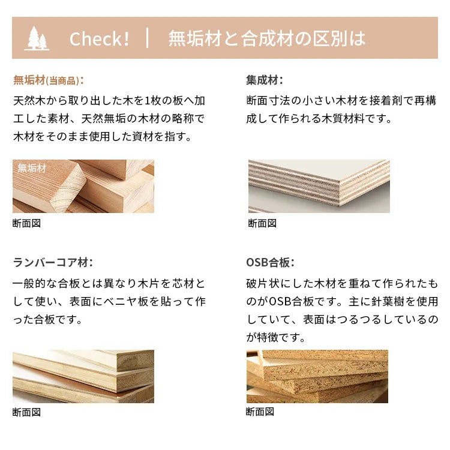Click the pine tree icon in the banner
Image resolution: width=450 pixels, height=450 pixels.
[37, 38]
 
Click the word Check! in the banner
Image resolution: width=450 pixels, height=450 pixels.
[99, 39]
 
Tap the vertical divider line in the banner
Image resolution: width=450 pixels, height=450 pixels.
[148, 38]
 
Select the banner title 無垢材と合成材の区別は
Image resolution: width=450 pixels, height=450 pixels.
[267, 38]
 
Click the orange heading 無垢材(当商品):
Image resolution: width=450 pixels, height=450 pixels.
[49, 80]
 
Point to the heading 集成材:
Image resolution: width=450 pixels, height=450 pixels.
[265, 80]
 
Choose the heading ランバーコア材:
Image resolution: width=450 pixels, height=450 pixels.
[53, 262]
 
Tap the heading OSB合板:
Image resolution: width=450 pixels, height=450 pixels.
[270, 262]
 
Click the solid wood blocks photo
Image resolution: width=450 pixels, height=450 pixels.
[83, 186]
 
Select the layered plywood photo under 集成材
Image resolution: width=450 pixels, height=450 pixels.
[319, 186]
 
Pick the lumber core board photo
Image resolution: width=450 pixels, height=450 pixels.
[83, 376]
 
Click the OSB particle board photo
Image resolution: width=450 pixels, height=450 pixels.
[317, 376]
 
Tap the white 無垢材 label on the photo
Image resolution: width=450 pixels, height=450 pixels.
[32, 168]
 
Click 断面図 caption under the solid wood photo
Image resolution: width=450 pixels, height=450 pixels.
[26, 223]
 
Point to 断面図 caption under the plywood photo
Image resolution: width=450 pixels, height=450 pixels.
[262, 223]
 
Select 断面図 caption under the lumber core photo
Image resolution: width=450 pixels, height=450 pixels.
[26, 412]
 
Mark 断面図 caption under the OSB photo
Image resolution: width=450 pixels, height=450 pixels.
[260, 412]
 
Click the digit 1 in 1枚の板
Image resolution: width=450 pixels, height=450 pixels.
[147, 101]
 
